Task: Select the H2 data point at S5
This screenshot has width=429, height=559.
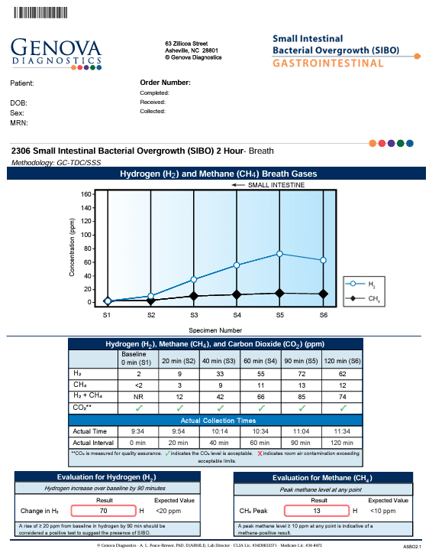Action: [280, 253]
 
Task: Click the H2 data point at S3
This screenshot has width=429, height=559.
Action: [194, 279]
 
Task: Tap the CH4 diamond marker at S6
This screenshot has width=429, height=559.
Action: [323, 294]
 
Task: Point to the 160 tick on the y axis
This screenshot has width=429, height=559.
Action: [87, 194]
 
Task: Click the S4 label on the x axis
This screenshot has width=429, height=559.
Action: [237, 314]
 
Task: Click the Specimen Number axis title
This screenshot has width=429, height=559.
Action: [214, 330]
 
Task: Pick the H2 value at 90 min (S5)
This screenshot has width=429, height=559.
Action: [300, 372]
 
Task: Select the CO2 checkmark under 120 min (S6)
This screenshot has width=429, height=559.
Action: [343, 408]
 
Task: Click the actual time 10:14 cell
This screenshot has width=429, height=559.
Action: [218, 431]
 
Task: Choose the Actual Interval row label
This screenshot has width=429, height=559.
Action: [91, 442]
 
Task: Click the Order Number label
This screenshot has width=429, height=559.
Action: [165, 82]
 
